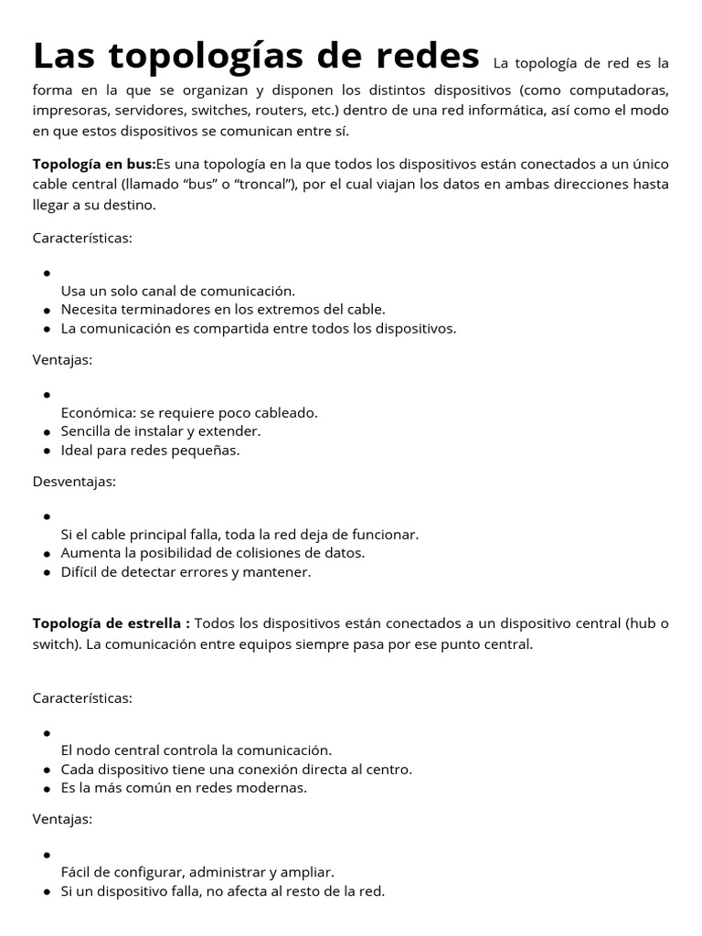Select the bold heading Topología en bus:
[94, 165]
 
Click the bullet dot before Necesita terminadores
[46, 311]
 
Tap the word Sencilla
[89, 431]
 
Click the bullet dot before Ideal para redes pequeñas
[46, 452]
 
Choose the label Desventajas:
[74, 482]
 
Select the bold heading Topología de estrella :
[112, 623]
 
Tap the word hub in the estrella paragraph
[641, 623]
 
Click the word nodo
[96, 750]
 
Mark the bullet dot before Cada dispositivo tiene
[46, 770]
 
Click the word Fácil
[78, 872]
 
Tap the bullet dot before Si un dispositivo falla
[46, 891]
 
